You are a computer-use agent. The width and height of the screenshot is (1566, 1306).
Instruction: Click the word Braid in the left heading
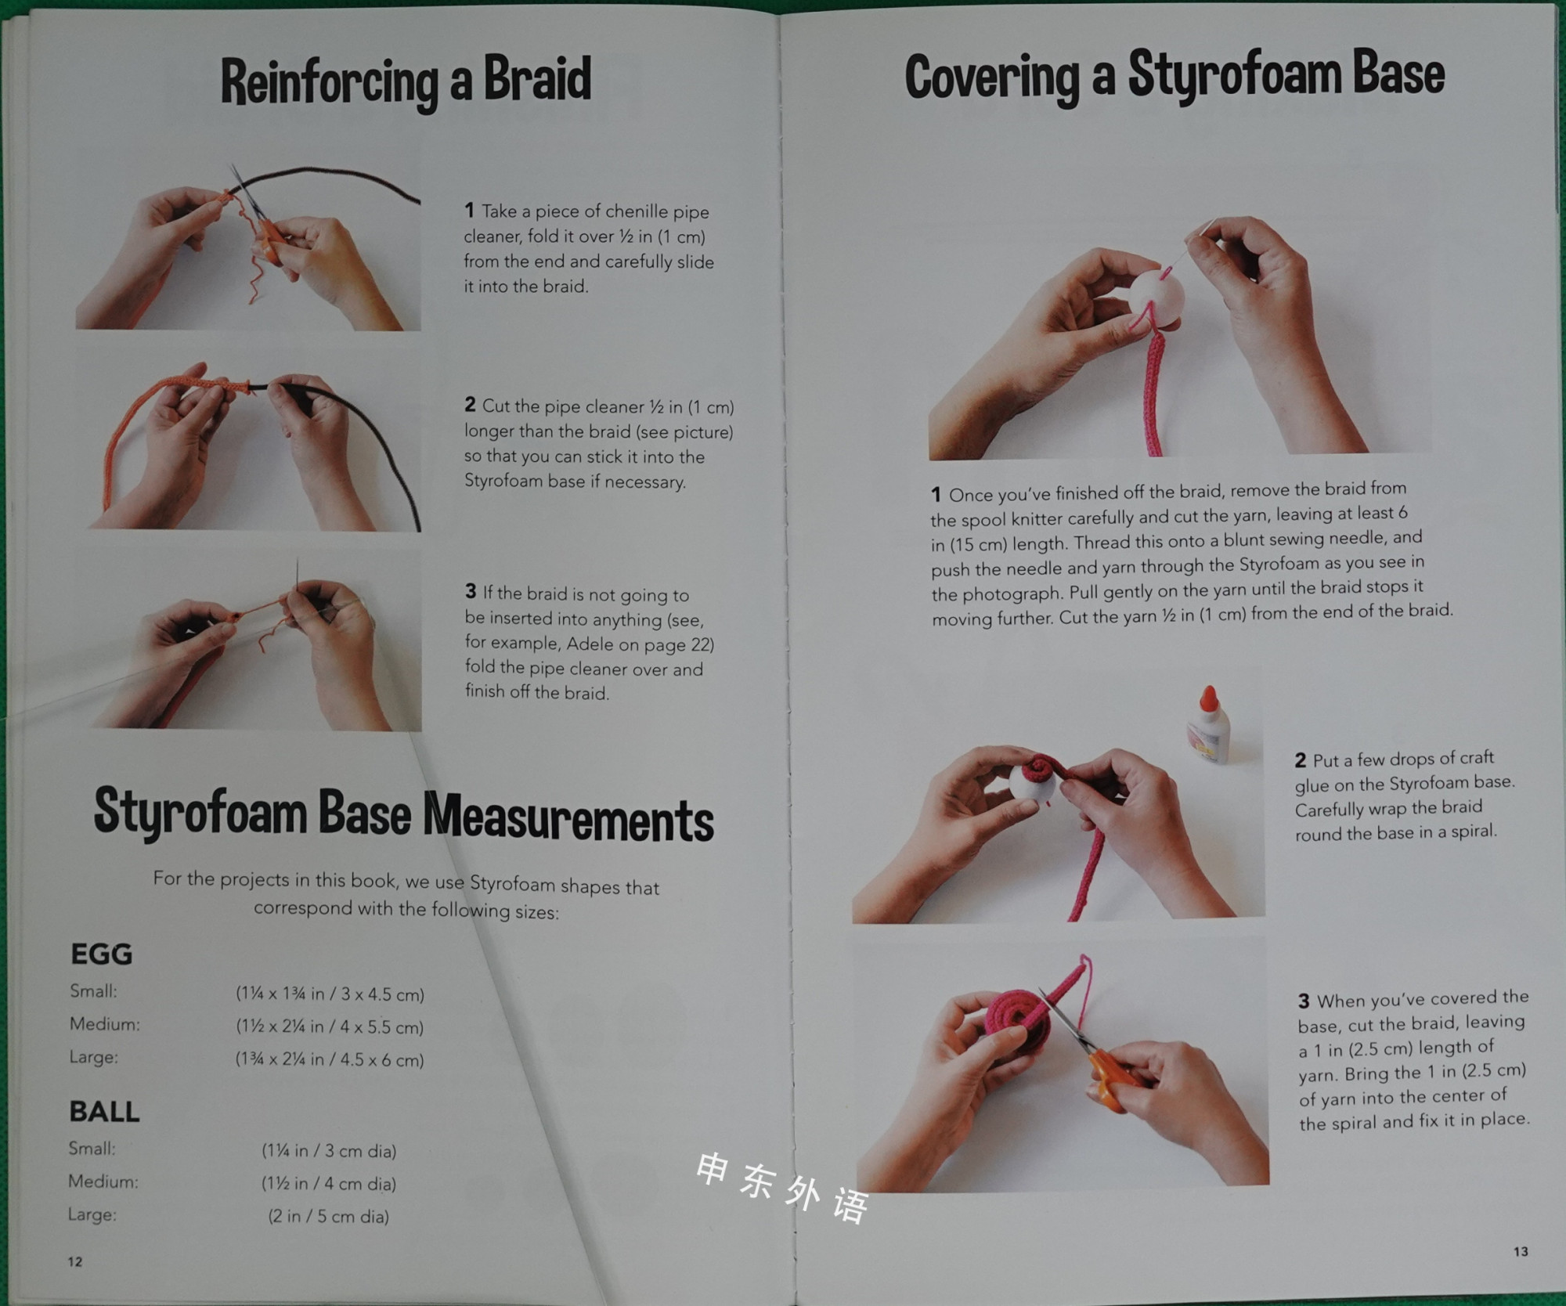point(537,78)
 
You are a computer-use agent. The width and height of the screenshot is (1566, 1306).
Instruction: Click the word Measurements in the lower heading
point(568,819)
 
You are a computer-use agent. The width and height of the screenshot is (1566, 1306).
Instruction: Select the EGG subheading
point(102,954)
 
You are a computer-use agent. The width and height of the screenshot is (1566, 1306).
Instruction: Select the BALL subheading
point(104,1111)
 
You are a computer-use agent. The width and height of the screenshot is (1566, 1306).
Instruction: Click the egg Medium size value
point(330,1026)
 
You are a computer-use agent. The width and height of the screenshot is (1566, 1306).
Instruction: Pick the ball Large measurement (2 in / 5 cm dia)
point(329,1216)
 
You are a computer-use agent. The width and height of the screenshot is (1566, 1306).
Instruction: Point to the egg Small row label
point(94,991)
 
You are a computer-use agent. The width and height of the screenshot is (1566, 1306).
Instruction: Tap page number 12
point(75,1261)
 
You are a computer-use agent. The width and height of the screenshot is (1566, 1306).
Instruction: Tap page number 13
point(1521,1251)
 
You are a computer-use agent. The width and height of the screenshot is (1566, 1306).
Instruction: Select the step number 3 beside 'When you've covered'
point(1304,1001)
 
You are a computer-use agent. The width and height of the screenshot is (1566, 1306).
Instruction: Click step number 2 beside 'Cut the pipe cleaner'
point(470,405)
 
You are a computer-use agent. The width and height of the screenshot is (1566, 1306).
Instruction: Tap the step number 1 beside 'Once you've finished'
point(936,495)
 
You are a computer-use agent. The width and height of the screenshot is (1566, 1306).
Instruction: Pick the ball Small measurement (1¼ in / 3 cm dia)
point(329,1151)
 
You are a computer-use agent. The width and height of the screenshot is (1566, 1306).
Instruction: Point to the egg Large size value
point(330,1059)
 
